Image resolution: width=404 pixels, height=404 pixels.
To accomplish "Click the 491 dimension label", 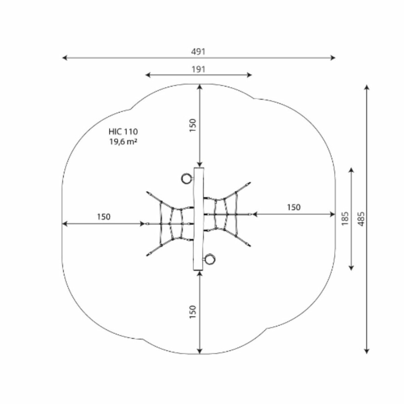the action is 198,52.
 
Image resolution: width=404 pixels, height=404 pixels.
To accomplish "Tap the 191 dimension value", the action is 198,69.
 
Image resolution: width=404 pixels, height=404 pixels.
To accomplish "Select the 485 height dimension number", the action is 361,219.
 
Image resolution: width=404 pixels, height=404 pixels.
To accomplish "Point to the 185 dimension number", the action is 345,219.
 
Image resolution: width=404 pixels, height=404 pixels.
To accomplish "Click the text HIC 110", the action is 123,132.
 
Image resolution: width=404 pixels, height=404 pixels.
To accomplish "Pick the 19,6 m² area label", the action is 123,141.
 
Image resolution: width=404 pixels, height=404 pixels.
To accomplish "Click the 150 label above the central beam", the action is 193,125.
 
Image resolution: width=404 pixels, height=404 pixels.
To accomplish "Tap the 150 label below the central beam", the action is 193,312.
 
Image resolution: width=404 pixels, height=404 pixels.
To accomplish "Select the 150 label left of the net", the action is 104,217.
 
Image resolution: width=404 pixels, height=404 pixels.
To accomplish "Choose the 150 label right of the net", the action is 294,207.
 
